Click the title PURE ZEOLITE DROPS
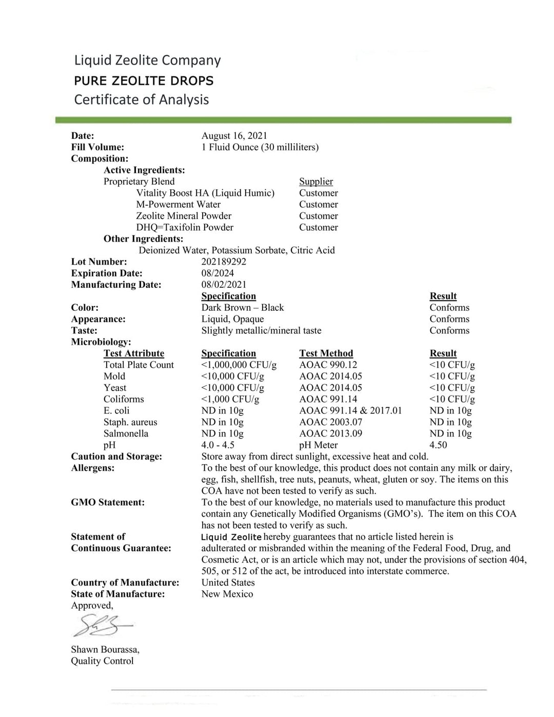point(144,81)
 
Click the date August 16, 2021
point(234,135)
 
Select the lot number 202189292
point(224,262)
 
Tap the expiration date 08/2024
point(217,273)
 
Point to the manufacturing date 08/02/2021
point(224,285)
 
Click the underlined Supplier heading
point(316,182)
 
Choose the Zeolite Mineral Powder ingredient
point(184,216)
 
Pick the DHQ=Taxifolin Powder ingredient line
point(185,227)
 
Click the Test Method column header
point(326,353)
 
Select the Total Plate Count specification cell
point(239,365)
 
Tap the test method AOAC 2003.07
point(330,422)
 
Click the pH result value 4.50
point(438,445)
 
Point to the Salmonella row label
point(126,433)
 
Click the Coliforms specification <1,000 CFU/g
point(230,399)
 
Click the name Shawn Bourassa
point(105,649)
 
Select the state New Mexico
point(227,594)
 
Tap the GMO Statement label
point(108,502)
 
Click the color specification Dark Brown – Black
point(242,308)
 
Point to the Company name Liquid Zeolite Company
point(148,60)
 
